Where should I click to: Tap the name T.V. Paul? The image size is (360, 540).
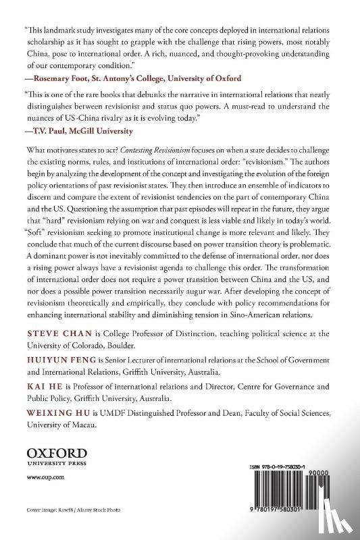[52, 130]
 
